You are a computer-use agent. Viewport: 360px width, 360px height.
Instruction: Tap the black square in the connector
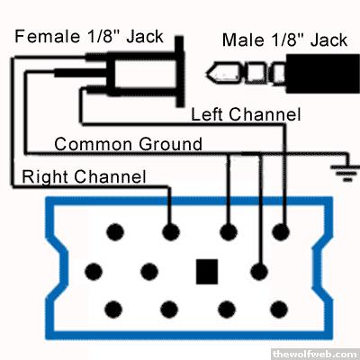[x=207, y=272]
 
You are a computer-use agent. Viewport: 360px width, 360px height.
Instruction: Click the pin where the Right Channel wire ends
[x=171, y=232]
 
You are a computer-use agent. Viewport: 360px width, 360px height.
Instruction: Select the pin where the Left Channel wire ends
[x=281, y=232]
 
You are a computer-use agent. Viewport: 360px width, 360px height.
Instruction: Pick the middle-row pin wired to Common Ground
[x=259, y=272]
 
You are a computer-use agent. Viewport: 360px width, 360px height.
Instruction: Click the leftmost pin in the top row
[x=115, y=232]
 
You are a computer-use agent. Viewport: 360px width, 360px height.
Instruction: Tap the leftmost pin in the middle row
[x=94, y=272]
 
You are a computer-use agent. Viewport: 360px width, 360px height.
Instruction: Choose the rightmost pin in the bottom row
[x=279, y=310]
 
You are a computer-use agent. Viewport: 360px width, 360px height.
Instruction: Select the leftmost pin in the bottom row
[x=113, y=310]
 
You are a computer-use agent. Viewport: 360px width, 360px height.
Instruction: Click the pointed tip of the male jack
[x=207, y=73]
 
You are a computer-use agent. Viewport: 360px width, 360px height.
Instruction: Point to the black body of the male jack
[x=323, y=74]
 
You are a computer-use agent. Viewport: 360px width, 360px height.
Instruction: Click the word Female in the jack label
[x=48, y=36]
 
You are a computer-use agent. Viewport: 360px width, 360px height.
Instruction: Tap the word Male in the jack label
[x=243, y=40]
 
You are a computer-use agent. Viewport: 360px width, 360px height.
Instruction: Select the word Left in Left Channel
[x=207, y=114]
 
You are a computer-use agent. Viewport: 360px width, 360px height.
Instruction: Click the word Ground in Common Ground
[x=170, y=144]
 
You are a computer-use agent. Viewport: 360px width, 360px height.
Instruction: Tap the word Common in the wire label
[x=94, y=144]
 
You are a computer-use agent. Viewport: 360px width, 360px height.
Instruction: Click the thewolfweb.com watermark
[x=316, y=354]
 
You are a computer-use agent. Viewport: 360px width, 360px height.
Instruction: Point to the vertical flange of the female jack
[x=180, y=71]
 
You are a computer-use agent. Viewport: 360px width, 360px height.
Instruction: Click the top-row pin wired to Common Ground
[x=229, y=232]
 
